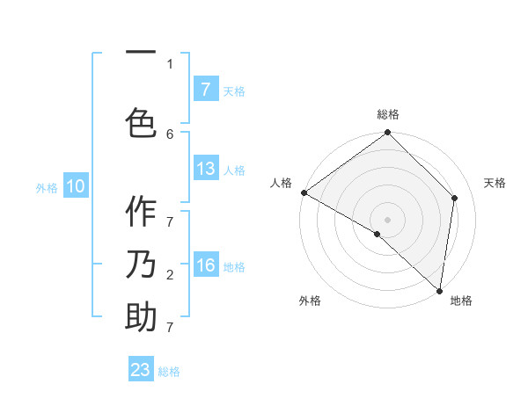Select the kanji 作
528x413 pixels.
pos(141,212)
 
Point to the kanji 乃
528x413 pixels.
pos(141,264)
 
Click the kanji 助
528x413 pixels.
pos(141,317)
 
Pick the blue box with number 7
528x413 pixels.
pos(205,90)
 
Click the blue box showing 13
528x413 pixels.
pos(205,169)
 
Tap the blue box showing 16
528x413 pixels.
pos(205,265)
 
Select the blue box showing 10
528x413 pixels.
pos(75,186)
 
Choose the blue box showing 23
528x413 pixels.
pos(141,370)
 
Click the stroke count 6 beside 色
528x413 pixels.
pos(170,134)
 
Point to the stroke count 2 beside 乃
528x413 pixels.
pos(170,274)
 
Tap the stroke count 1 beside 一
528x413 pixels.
pos(170,63)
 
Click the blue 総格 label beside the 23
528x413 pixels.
pos(169,372)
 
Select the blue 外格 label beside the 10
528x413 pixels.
pos(47,187)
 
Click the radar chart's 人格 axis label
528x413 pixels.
pos(281,183)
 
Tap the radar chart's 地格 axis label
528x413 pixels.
pos(461,301)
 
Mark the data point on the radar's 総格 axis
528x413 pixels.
pos(387,133)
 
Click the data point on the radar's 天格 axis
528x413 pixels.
pos(455,198)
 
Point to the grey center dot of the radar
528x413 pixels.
pos(387,219)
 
